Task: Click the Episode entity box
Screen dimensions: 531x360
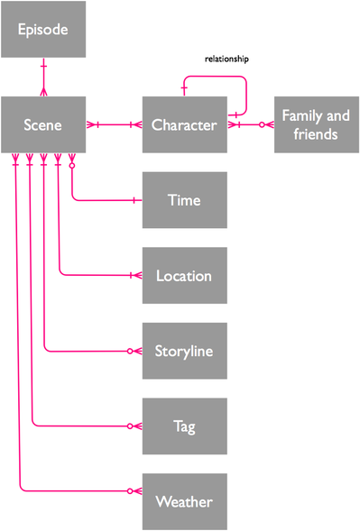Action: point(43,30)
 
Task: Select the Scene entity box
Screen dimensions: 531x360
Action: point(43,125)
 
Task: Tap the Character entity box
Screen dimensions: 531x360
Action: point(184,125)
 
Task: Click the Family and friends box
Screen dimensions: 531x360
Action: point(316,125)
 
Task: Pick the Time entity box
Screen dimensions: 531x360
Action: point(184,200)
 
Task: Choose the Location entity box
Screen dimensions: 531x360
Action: point(184,276)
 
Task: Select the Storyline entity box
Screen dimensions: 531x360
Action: point(184,351)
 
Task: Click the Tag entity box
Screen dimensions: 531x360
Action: point(184,426)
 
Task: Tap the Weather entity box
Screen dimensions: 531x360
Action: point(184,500)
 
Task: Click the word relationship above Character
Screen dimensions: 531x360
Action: point(226,59)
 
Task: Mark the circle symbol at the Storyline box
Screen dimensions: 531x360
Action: point(130,351)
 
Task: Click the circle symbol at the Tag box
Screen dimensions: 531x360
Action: point(130,426)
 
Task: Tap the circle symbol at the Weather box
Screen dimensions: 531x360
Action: point(130,491)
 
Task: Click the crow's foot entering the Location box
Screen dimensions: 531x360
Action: point(137,276)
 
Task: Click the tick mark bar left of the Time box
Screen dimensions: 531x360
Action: point(134,200)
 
